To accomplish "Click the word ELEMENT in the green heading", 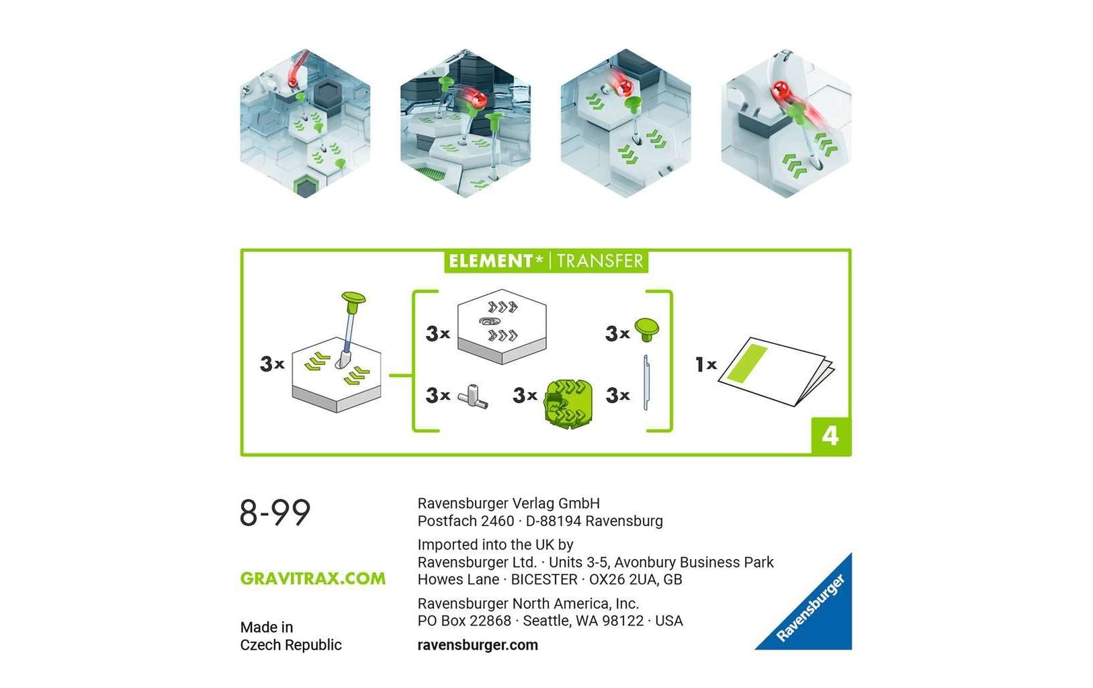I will point(490,261).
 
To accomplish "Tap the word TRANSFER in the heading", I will point(600,261).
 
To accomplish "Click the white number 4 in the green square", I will point(830,436).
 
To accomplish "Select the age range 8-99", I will point(275,513).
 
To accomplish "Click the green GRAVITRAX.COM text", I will point(312,578).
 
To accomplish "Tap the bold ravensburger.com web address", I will point(478,645).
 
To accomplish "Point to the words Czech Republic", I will point(291,645).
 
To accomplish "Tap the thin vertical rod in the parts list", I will point(646,382).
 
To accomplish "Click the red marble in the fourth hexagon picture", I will point(781,90).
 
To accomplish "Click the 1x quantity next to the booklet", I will point(705,365).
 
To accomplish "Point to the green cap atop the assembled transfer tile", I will point(353,298).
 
